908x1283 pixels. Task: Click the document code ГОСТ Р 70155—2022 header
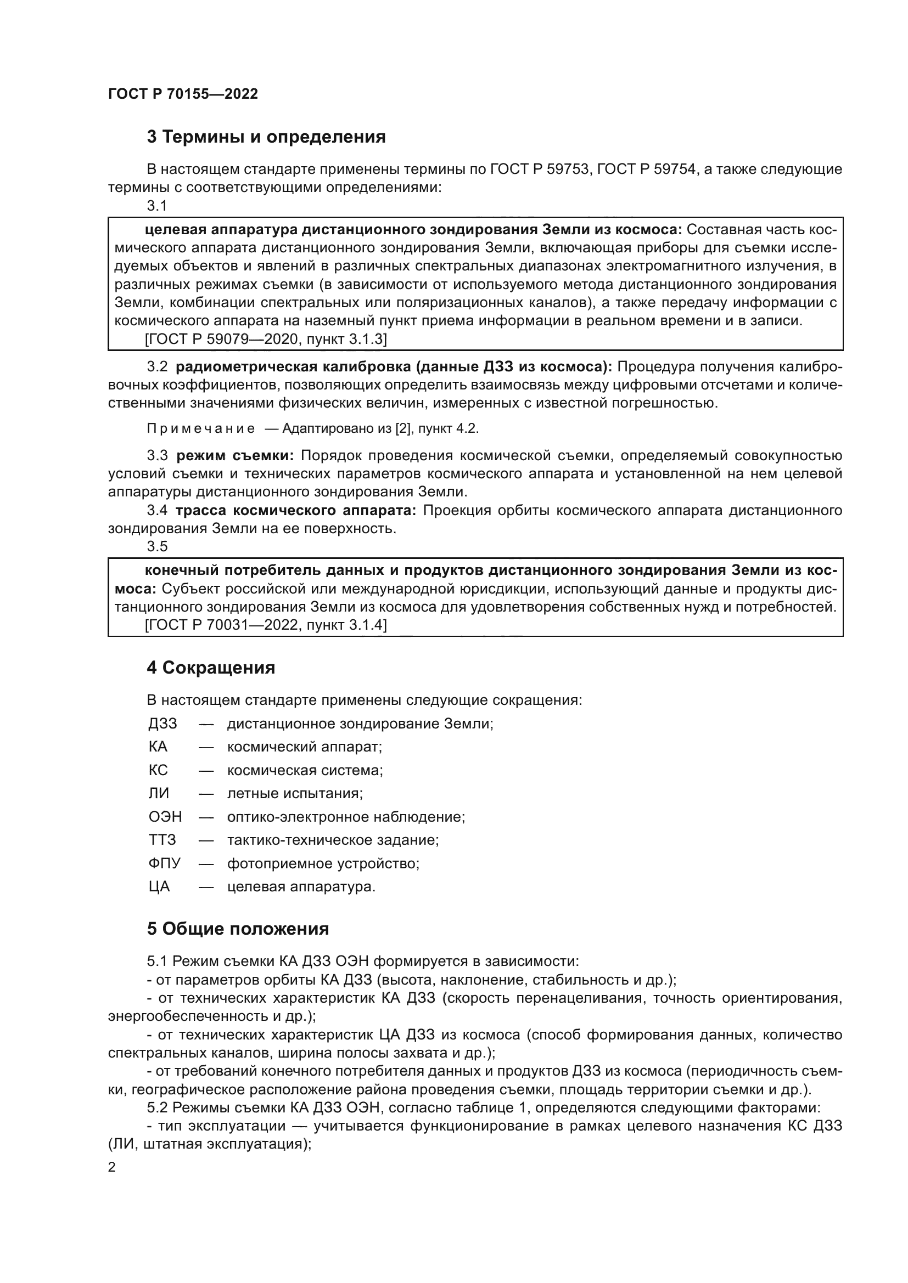pos(183,94)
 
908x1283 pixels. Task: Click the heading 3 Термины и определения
pos(266,137)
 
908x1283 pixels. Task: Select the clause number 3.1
pos(157,206)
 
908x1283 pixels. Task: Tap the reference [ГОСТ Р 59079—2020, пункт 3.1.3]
pos(266,338)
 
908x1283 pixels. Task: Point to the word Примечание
pos(201,428)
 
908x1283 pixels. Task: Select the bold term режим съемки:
pos(235,455)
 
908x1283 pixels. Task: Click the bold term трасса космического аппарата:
pos(296,510)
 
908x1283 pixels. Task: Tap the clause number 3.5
pos(157,546)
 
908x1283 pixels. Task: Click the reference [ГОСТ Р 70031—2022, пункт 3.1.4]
pos(266,625)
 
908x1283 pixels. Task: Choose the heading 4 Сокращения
pos(211,668)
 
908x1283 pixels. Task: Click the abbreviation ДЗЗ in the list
pos(162,724)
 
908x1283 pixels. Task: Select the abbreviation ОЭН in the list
pos(165,817)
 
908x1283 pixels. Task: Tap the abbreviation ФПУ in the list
pos(164,863)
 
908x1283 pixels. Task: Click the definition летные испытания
pos(295,794)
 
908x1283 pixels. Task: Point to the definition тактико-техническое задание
pos(333,840)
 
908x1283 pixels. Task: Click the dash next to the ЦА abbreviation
pos(206,887)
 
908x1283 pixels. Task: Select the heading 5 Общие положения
pos(238,929)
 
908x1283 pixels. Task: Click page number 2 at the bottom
pos(112,1167)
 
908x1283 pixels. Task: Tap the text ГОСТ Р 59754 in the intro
pos(646,169)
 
